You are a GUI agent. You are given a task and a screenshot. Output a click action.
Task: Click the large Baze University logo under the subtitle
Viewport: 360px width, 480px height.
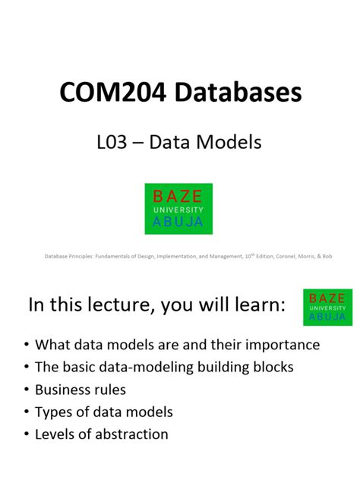tap(179, 208)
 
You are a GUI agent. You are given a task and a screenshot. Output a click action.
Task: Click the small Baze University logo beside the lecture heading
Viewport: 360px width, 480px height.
tap(327, 307)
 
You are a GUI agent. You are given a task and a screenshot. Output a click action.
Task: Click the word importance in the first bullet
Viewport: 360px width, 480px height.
tap(284, 345)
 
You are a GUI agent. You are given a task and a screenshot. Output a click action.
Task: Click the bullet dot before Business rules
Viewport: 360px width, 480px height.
tap(27, 390)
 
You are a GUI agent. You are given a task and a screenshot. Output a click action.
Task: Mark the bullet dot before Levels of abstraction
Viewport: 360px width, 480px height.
tap(27, 435)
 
